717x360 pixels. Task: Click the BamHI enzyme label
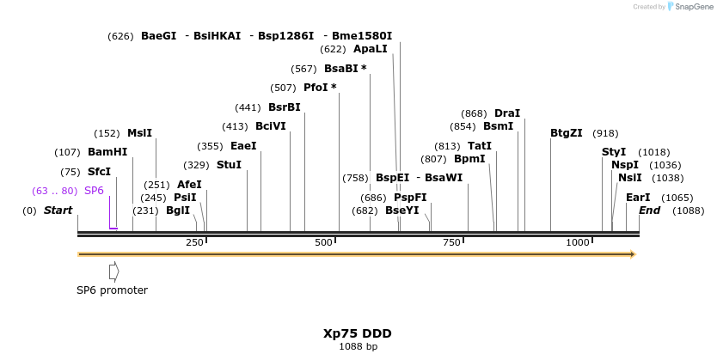click(x=107, y=152)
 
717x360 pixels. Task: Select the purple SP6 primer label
click(x=94, y=191)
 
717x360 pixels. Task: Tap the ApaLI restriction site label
click(x=371, y=49)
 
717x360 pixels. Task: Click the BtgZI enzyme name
click(x=567, y=133)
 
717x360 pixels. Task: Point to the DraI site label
click(x=507, y=113)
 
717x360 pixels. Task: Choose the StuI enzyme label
click(x=229, y=165)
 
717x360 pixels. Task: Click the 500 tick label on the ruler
click(x=324, y=243)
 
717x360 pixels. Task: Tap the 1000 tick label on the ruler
click(x=578, y=243)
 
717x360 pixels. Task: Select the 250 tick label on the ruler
click(x=195, y=243)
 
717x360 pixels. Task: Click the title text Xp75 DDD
click(x=358, y=333)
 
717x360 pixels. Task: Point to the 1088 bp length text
click(x=358, y=347)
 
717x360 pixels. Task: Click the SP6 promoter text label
click(x=112, y=290)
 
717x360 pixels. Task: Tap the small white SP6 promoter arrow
click(x=113, y=272)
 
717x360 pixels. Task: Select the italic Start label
click(x=58, y=211)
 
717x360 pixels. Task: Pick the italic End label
click(x=649, y=211)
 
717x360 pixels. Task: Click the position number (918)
click(x=605, y=133)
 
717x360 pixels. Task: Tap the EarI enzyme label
click(x=638, y=198)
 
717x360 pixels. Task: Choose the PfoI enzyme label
click(x=320, y=88)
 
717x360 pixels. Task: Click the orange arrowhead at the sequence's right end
click(x=632, y=254)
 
